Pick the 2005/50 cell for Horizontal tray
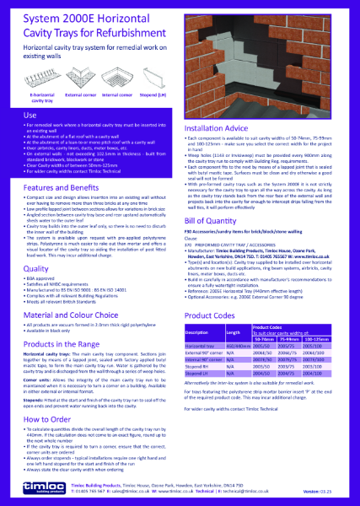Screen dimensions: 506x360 [x=271, y=346]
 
